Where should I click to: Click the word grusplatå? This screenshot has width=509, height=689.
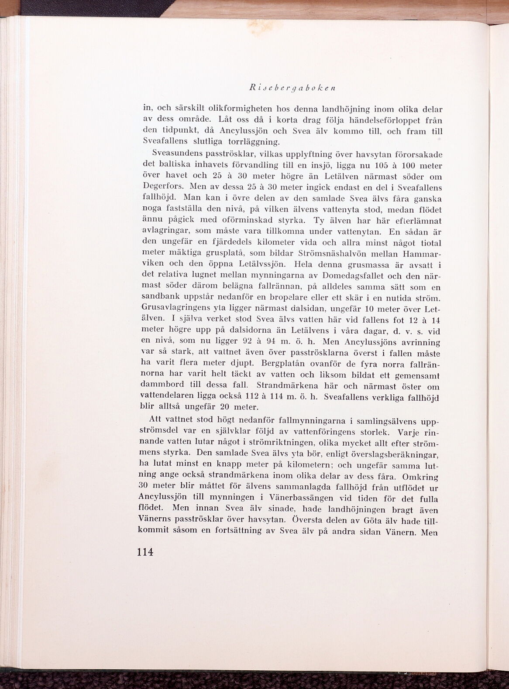pos(221,254)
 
